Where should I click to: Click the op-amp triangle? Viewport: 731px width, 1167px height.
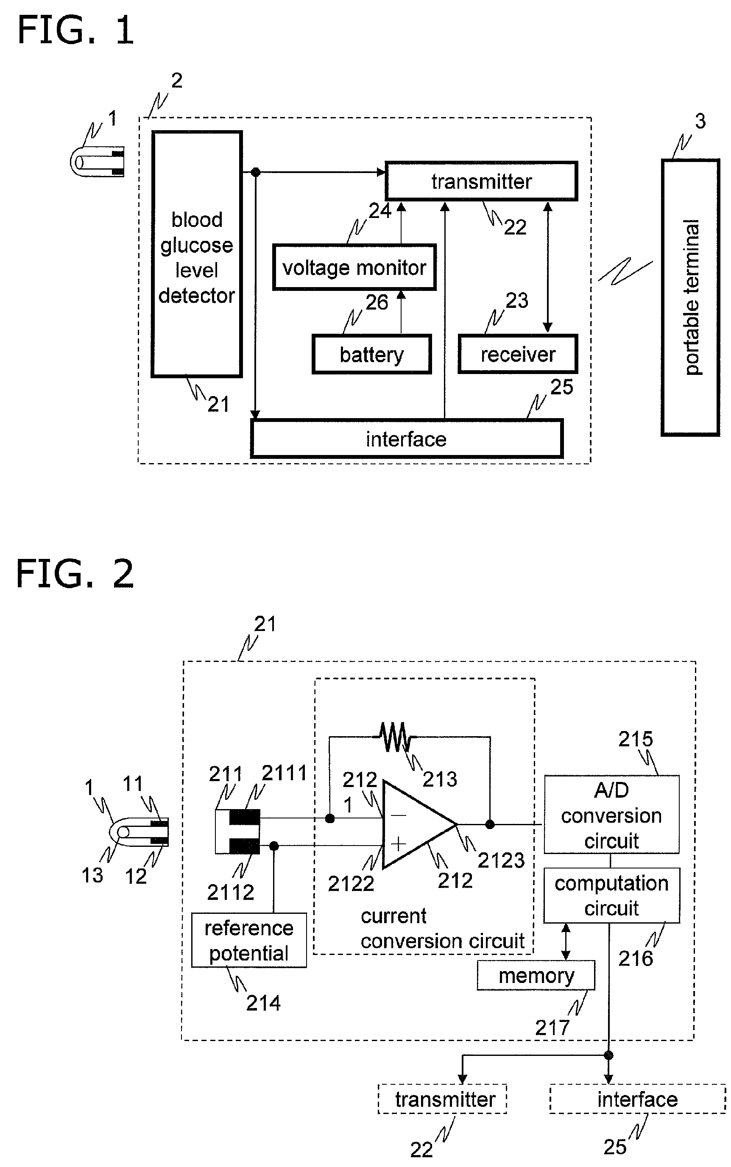point(420,824)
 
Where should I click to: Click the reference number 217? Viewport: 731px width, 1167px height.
point(552,1028)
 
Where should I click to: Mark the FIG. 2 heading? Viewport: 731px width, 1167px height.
point(75,574)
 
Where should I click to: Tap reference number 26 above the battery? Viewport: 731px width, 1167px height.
point(377,303)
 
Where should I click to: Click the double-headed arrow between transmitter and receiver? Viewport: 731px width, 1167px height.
point(548,267)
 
